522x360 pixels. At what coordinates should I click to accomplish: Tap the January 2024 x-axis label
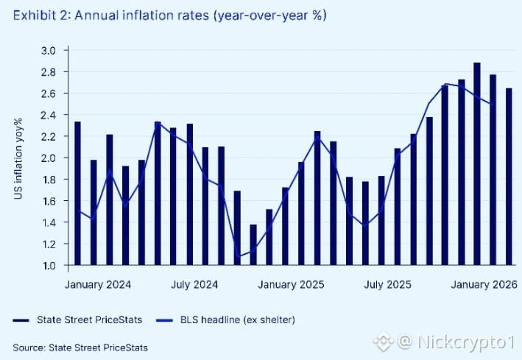[94, 284]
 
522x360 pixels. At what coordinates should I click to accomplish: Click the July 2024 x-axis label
[194, 284]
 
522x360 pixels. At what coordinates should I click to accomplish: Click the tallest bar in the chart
[477, 163]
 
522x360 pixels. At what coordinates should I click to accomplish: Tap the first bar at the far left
[77, 193]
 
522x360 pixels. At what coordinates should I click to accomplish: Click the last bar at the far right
[509, 177]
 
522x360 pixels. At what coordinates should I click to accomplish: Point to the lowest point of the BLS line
[237, 256]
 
